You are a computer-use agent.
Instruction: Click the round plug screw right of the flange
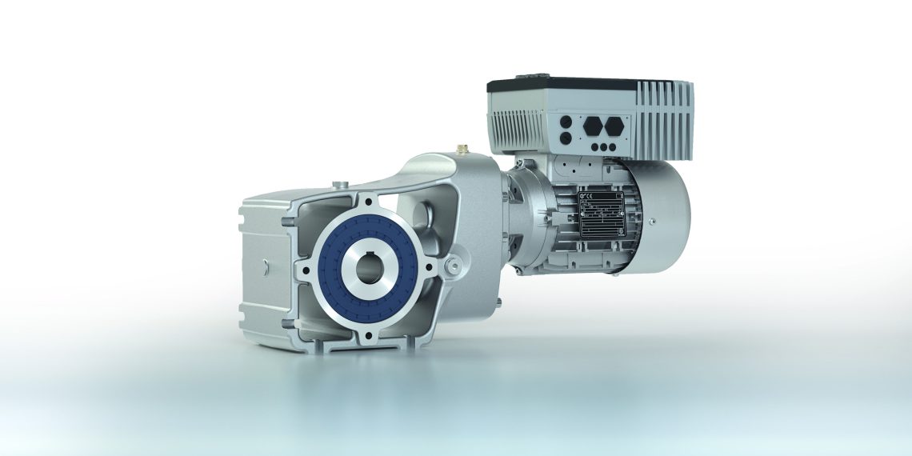coord(453,262)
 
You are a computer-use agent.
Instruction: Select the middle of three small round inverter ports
coord(604,146)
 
